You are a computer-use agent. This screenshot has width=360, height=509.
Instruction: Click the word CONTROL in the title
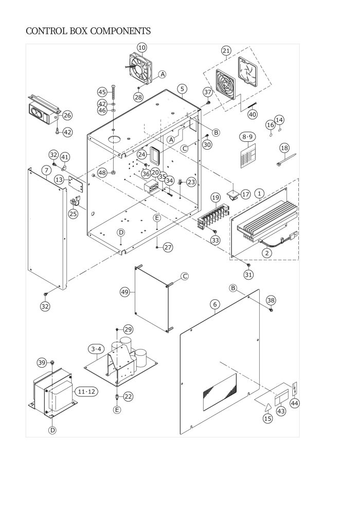click(x=47, y=31)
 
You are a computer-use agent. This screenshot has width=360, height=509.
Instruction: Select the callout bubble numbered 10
click(x=142, y=48)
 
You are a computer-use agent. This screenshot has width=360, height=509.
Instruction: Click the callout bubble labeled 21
click(x=226, y=50)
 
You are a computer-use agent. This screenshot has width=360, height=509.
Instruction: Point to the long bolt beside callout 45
click(x=113, y=93)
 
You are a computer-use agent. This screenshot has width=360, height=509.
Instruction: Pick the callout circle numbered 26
click(x=67, y=115)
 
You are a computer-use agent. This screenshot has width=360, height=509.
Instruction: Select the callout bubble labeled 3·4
click(x=96, y=349)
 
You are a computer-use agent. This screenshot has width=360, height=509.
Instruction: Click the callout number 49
click(x=125, y=292)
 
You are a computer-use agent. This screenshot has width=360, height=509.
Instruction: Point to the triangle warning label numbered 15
click(x=267, y=407)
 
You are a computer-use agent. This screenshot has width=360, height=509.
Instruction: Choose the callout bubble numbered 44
click(x=294, y=403)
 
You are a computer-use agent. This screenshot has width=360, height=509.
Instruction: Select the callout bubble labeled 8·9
click(x=247, y=137)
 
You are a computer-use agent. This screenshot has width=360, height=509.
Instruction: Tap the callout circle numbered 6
click(x=215, y=304)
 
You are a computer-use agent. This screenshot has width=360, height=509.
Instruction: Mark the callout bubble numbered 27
click(x=168, y=248)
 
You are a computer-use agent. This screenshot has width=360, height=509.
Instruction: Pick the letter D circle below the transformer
click(x=52, y=430)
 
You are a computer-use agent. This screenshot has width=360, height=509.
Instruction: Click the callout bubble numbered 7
click(x=47, y=170)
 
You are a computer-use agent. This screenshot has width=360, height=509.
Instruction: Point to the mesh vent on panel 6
click(x=220, y=391)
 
